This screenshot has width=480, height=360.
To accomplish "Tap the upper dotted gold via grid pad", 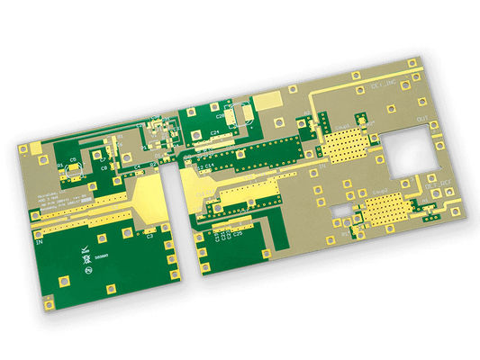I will pyautogui.click(x=346, y=143).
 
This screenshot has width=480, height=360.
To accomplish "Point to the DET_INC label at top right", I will pyautogui.click(x=384, y=87).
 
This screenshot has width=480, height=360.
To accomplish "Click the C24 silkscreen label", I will pyautogui.click(x=215, y=132).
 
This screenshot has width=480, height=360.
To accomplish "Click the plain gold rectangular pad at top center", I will pyautogui.click(x=267, y=100).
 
